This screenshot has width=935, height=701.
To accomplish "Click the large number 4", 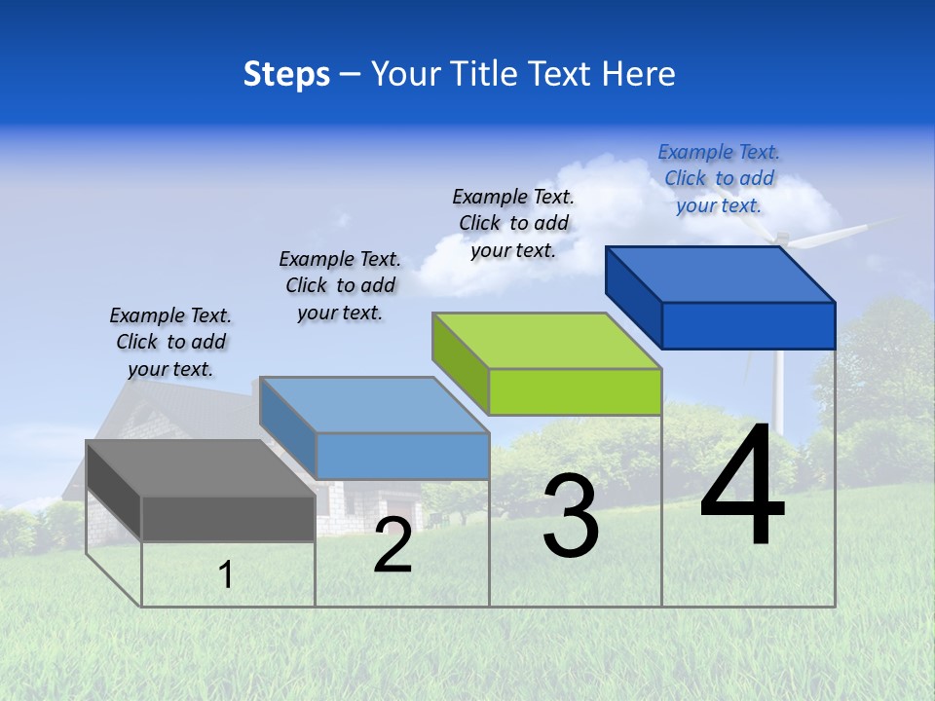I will point(742,490).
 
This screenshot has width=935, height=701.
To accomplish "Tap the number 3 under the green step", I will point(571,516).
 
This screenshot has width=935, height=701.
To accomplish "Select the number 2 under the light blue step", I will point(393,545).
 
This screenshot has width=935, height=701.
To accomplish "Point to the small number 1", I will point(226,575).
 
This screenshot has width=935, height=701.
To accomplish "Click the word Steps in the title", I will point(286,74).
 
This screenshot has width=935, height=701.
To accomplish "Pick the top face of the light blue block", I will point(374,404).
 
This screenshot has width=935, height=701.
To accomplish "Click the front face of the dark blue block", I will point(748,325).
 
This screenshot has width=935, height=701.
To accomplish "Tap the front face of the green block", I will point(575,391).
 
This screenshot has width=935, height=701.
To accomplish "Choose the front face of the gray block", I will point(228,518).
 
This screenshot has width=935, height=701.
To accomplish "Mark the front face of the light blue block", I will point(402,456).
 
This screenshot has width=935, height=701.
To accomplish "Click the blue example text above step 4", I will point(719,178).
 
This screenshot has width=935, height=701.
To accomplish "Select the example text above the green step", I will point(513,223).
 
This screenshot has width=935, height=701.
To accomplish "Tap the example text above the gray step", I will point(170,342).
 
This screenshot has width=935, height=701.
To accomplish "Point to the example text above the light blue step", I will point(340,285).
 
